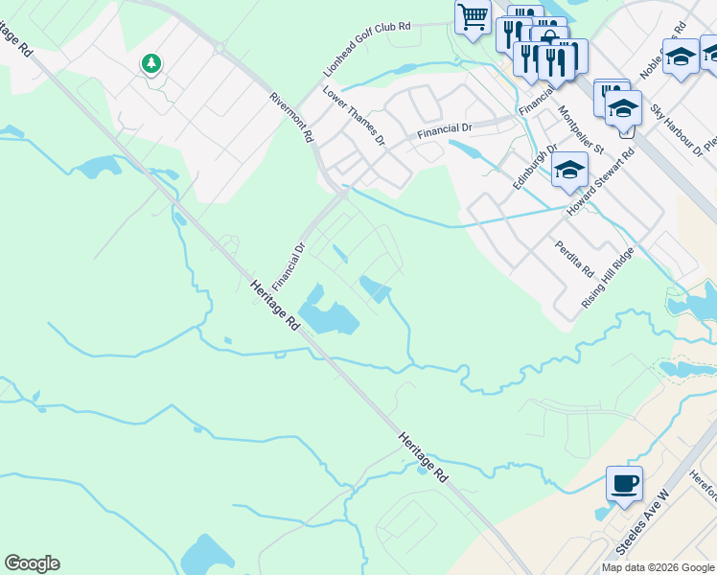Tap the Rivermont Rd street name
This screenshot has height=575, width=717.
(292, 117)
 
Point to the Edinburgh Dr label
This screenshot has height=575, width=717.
(535, 167)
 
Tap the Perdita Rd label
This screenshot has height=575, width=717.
(574, 256)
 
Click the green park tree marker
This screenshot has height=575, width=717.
(150, 64)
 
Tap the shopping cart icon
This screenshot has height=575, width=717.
(472, 16)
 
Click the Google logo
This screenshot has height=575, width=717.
(32, 563)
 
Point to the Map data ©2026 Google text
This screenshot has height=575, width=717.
(658, 567)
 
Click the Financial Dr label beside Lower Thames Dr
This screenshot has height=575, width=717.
(446, 129)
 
